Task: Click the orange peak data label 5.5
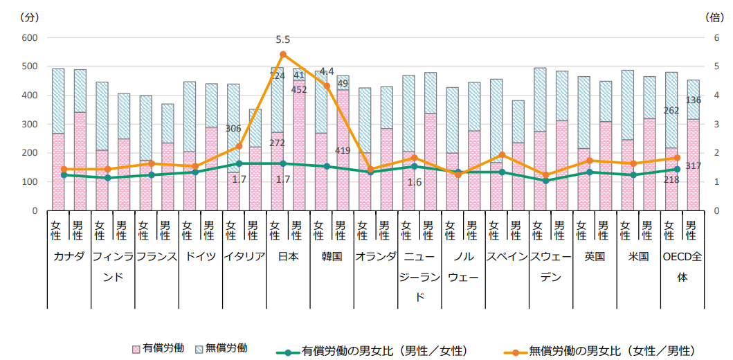[282, 40]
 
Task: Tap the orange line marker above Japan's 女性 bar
[282, 54]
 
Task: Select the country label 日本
[289, 256]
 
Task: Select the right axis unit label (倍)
[714, 16]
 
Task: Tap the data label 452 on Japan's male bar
[299, 89]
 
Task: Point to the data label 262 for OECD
[671, 110]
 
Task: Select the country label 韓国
[332, 256]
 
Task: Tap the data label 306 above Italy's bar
[233, 129]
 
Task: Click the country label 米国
[638, 256]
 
